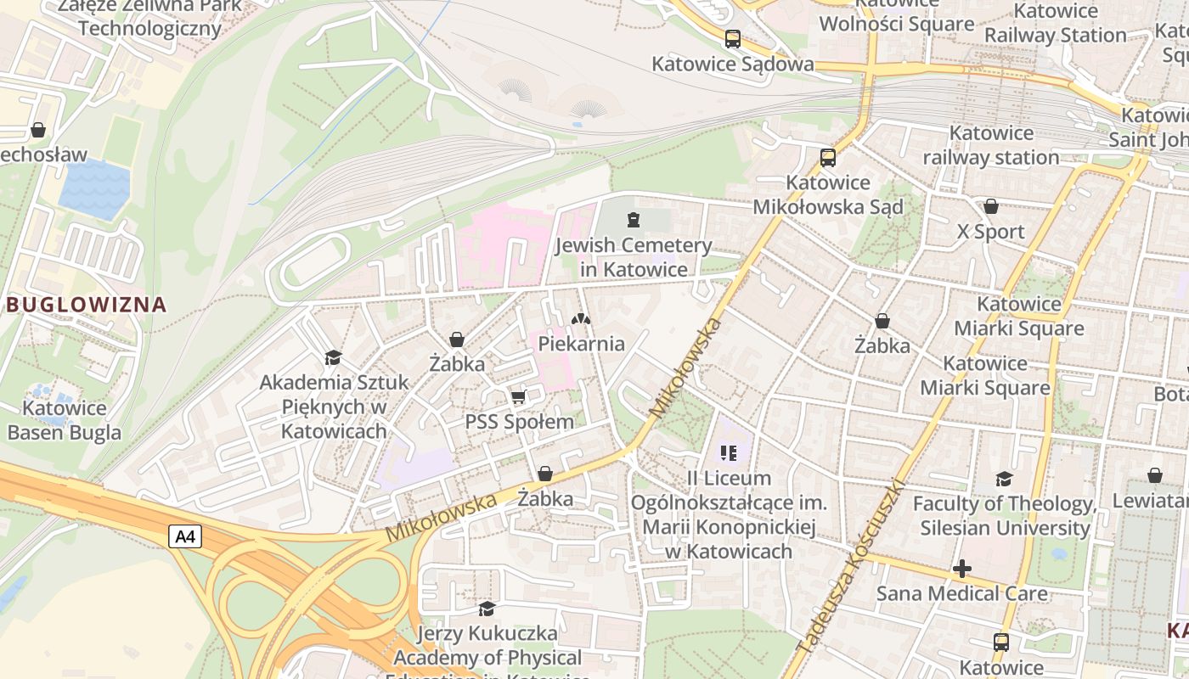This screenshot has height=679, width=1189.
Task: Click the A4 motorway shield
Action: click(x=184, y=536)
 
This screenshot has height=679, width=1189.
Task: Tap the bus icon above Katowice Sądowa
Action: click(x=732, y=38)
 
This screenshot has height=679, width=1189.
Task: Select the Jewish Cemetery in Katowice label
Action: click(x=634, y=257)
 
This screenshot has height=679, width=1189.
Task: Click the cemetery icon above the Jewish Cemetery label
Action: click(x=632, y=221)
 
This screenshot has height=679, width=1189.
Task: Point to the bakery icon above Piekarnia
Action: click(x=581, y=320)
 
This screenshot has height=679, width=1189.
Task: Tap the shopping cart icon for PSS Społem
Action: click(x=518, y=396)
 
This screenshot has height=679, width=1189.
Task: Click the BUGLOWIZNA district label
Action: click(x=86, y=304)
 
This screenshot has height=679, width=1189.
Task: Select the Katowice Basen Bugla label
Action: click(x=65, y=420)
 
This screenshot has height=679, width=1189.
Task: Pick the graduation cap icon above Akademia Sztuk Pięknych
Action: click(x=333, y=358)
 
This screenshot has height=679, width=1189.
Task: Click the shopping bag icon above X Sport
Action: click(x=990, y=206)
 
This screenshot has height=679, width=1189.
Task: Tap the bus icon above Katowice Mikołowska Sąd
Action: click(x=827, y=157)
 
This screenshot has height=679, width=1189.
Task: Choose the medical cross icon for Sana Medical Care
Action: click(x=961, y=568)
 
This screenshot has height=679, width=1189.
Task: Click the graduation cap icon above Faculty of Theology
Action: click(x=1004, y=480)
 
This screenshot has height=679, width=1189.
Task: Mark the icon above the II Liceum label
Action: click(x=728, y=453)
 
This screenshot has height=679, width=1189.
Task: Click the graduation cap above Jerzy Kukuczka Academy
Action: click(x=487, y=609)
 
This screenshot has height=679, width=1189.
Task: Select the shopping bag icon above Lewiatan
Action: click(x=1154, y=475)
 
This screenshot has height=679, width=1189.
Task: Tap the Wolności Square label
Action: click(x=896, y=23)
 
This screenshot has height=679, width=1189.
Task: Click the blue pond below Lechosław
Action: click(x=94, y=188)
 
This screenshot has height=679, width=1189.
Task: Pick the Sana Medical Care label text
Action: click(x=961, y=592)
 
